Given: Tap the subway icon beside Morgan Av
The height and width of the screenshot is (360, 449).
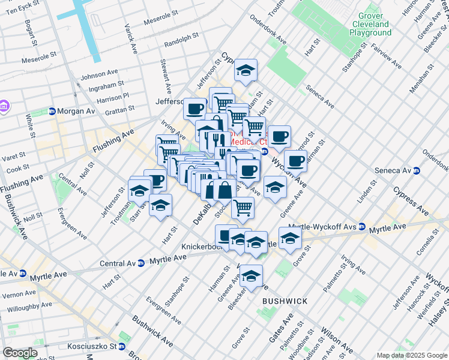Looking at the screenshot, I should click(x=52, y=112).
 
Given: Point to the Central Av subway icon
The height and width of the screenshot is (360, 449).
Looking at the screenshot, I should click(x=140, y=263).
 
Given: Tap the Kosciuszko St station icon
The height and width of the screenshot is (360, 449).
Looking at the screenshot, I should click(x=121, y=346).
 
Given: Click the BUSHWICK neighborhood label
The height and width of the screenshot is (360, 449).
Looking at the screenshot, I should click(x=285, y=301).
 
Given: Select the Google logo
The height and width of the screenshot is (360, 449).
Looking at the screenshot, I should click(x=20, y=353).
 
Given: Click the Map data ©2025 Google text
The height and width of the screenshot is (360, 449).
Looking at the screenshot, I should click(x=411, y=355).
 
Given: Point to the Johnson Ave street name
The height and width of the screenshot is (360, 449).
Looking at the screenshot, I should click(x=99, y=75).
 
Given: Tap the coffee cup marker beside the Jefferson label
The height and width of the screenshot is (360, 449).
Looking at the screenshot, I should click(x=195, y=109).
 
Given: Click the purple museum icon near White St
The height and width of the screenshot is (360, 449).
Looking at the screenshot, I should click(x=4, y=107).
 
